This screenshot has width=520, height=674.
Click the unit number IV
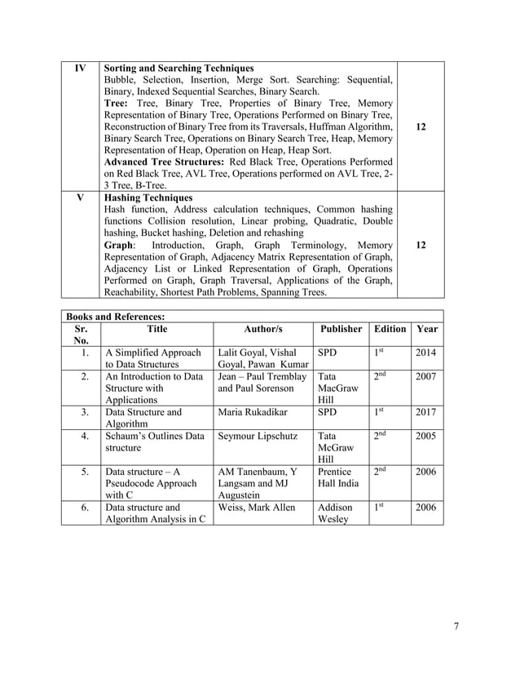pyautogui.click(x=80, y=68)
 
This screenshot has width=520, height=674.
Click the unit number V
pyautogui.click(x=80, y=197)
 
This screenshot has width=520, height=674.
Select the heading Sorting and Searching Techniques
pyautogui.click(x=179, y=68)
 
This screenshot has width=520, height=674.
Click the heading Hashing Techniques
pyautogui.click(x=148, y=197)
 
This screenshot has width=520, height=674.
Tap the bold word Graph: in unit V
pyautogui.click(x=120, y=245)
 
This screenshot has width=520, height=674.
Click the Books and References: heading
pyautogui.click(x=115, y=316)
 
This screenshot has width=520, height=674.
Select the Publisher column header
pyautogui.click(x=341, y=329)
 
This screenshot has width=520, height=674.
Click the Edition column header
pyautogui.click(x=390, y=329)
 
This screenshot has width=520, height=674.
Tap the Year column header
pyautogui.click(x=427, y=329)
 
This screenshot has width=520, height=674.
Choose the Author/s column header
pyautogui.click(x=262, y=329)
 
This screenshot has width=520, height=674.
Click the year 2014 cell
pyautogui.click(x=426, y=353)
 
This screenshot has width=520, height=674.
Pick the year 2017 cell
pyautogui.click(x=426, y=412)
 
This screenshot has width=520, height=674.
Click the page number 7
pyautogui.click(x=456, y=626)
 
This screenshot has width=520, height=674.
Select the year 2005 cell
pyautogui.click(x=426, y=436)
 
